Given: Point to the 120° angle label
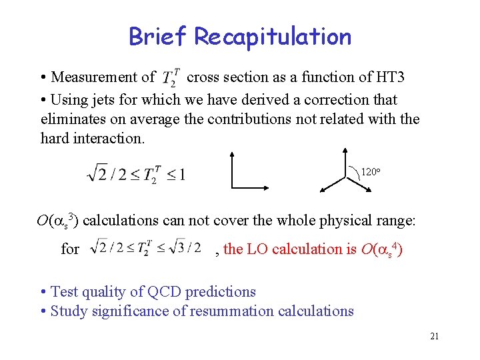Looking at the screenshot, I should (370, 173).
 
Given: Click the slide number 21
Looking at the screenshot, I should (434, 336).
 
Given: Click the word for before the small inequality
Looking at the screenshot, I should (70, 249).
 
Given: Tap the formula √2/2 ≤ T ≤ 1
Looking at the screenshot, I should (136, 175).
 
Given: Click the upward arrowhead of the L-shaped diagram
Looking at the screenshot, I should (231, 155).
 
